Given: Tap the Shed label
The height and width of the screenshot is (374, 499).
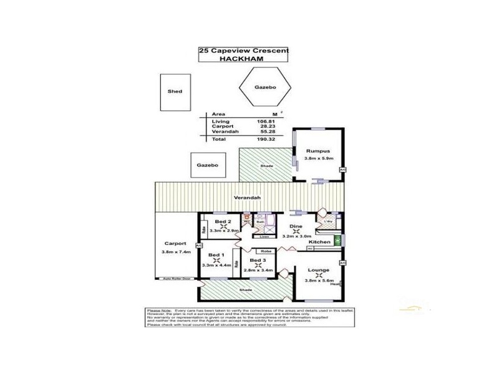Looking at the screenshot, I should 175,92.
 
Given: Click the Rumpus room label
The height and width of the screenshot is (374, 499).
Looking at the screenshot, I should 317,151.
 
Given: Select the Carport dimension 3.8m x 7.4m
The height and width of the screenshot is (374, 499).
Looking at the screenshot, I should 175,251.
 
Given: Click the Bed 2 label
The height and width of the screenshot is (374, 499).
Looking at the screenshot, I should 223,221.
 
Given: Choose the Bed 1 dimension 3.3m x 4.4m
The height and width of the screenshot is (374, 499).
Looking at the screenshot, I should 216,265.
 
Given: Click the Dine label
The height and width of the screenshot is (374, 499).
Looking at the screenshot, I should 296,227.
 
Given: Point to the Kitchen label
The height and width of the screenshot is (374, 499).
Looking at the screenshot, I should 319,241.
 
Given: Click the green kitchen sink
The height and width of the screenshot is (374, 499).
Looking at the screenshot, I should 338,241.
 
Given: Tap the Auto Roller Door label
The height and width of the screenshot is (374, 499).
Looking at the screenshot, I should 176,279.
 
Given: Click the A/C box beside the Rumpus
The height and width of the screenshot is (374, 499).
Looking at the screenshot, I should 342,170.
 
